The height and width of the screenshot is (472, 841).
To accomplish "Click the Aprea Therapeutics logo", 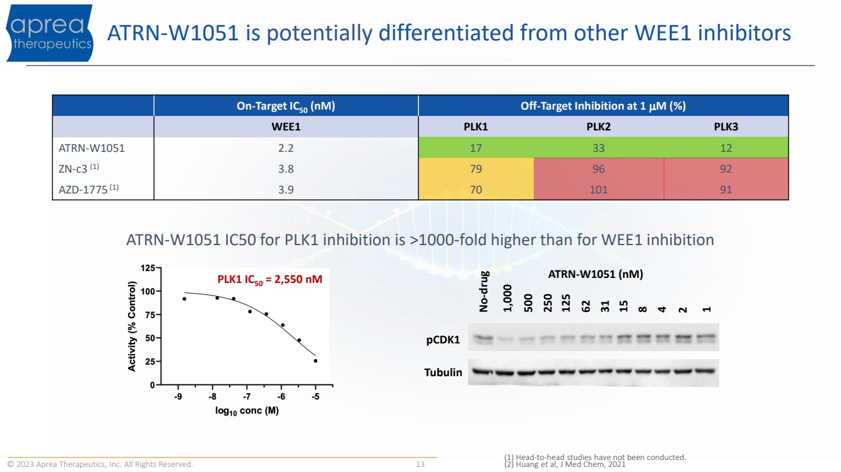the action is click(x=50, y=33).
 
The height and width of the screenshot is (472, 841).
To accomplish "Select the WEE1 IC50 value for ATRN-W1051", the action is click(x=286, y=148).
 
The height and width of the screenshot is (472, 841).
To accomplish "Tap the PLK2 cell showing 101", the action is click(x=599, y=190).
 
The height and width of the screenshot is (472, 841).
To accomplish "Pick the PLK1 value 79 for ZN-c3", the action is click(x=476, y=169).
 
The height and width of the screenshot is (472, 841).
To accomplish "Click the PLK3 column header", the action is click(x=726, y=127).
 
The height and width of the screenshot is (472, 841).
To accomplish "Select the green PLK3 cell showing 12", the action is click(x=726, y=148).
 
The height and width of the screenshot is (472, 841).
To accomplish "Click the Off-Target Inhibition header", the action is click(x=603, y=106).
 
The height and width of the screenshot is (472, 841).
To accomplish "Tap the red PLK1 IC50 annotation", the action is click(x=269, y=280).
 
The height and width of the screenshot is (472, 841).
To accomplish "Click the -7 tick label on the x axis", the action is click(x=247, y=396).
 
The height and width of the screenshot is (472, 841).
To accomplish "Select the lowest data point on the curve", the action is click(x=315, y=361).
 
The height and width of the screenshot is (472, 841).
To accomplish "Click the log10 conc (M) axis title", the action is click(x=247, y=411).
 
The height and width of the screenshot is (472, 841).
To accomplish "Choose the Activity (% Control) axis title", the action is click(x=132, y=326).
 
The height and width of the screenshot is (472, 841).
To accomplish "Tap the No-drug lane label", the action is click(x=484, y=291).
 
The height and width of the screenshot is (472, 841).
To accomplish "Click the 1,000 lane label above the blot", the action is click(x=507, y=299).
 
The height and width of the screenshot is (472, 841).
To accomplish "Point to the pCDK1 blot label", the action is click(x=443, y=340).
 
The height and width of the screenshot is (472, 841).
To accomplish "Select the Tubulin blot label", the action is click(x=443, y=372).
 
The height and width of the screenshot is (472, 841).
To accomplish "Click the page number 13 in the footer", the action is click(x=420, y=464).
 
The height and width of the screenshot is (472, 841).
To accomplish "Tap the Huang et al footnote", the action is click(x=565, y=464).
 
